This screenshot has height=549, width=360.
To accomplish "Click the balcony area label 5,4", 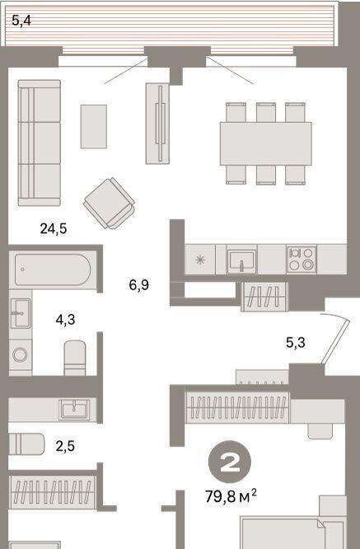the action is (21, 21).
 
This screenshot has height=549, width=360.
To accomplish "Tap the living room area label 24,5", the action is (54, 228).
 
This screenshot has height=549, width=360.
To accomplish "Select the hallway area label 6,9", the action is (139, 285).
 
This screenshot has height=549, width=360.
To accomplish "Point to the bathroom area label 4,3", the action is (65, 320).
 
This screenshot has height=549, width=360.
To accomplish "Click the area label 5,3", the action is (296, 342).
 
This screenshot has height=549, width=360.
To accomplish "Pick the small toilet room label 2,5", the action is (65, 446).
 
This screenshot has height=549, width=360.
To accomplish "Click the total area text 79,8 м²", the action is (231, 496).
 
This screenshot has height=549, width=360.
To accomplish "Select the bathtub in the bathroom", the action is (53, 270).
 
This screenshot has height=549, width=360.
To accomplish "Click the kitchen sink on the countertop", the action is (241, 260).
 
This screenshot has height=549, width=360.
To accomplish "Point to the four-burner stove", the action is (302, 259).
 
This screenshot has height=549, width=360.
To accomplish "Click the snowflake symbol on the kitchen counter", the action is (200, 260).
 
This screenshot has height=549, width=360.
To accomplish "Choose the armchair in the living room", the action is (110, 203).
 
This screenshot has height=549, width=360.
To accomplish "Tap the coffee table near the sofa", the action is (94, 126).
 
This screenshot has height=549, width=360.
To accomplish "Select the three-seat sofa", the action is (40, 143).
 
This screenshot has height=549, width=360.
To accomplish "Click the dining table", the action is (266, 143).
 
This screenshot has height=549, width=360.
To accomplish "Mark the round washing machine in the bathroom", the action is (20, 354).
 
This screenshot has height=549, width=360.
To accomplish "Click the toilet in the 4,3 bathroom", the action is (75, 358).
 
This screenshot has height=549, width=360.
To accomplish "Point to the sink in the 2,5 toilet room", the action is (74, 410).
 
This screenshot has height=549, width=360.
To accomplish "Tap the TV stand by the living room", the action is (157, 124).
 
